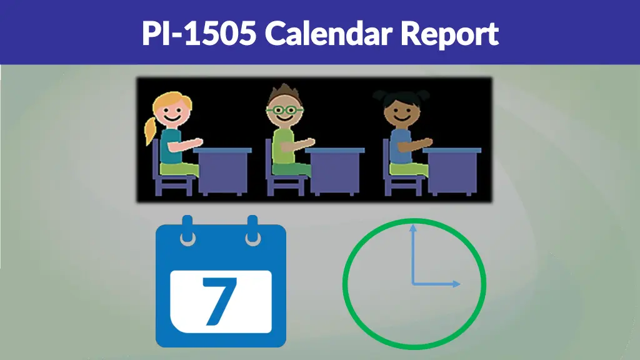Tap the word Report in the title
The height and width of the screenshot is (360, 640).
pos(449,34)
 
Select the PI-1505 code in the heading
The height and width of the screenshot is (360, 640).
pos(199,33)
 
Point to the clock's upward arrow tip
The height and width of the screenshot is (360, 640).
pos(412,227)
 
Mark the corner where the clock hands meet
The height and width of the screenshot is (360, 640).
pos(412,284)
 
